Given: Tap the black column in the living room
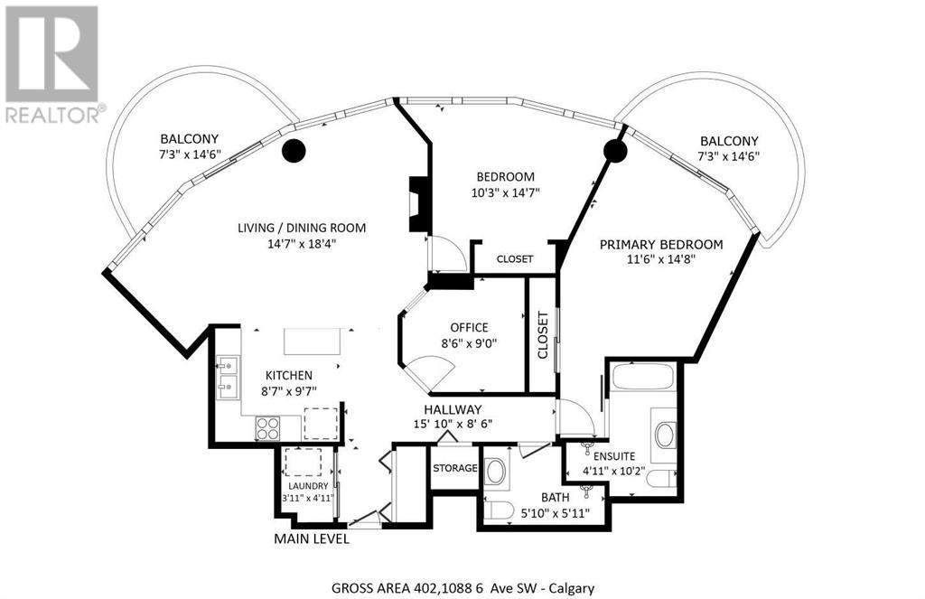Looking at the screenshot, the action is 294,151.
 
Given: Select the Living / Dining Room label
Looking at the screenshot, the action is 302,228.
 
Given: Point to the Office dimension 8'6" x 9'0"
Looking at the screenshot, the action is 469,343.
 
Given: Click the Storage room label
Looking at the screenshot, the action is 455,468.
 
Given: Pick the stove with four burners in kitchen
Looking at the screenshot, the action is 267,428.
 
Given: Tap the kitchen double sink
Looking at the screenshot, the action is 228,377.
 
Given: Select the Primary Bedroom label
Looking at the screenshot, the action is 661,244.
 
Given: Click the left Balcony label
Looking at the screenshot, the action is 190,139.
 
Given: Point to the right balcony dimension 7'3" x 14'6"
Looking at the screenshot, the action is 729,155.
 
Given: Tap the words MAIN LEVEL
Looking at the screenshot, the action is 312,538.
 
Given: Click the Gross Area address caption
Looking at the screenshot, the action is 463,588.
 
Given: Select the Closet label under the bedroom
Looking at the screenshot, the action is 515,259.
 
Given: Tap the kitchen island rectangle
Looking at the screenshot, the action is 313,342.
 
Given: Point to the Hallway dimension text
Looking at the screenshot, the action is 453,424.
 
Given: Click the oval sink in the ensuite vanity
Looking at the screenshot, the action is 665,435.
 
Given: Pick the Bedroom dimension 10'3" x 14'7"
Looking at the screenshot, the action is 506,192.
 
